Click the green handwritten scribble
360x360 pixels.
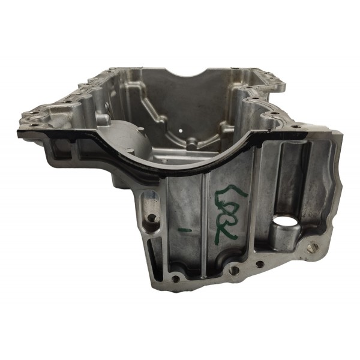pos(226,211)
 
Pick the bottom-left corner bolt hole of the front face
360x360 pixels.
pos(175,278)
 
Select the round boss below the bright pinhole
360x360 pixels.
pos(191,144)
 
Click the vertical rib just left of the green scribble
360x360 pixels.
pos(205,216)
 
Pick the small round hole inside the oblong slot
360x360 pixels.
pos(150,218)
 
